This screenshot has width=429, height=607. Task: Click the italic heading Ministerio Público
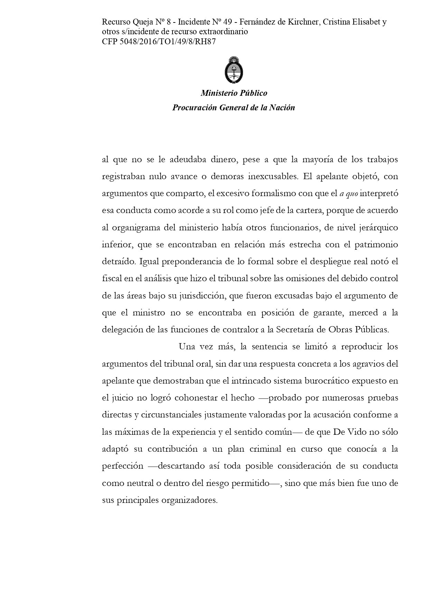pyautogui.click(x=234, y=93)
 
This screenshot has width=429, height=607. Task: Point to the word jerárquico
pyautogui.click(x=378, y=228)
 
